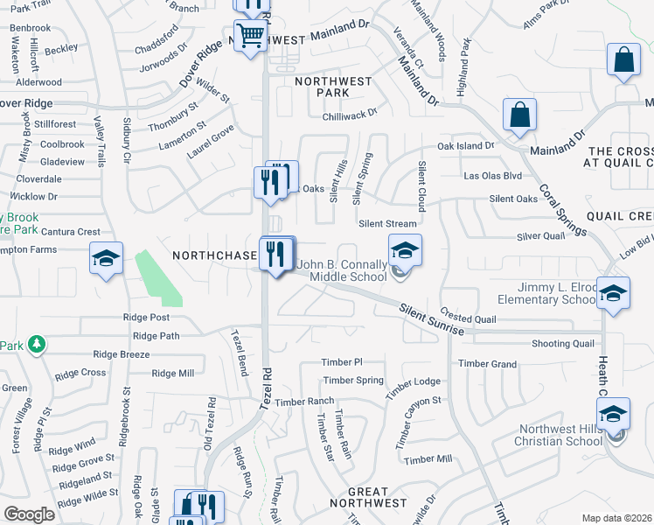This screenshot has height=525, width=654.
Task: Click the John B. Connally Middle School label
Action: [342, 270]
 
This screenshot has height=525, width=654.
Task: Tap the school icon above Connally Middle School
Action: [405, 251]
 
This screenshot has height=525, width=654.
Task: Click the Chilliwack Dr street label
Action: [349, 113]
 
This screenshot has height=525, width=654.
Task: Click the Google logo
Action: [29, 514]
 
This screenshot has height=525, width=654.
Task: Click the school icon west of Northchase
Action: [105, 258]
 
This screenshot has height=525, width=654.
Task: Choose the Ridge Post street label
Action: [146, 318]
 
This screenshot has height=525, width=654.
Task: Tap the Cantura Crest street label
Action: [71, 232]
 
